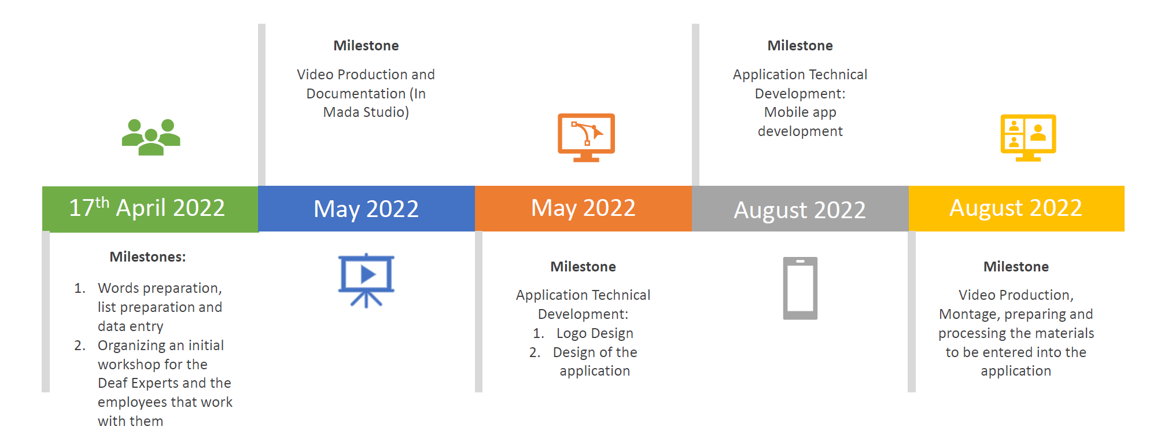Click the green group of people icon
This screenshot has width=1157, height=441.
pos(151,137)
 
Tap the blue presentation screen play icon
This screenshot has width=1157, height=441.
pos(366,279)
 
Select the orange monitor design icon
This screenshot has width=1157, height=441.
pos(586,137)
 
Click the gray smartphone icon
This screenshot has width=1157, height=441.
pos(800,288)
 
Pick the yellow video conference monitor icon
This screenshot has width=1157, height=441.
pos(1028,137)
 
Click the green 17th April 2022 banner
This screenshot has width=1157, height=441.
pos(150,209)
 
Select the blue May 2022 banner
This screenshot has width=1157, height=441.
pos(366,209)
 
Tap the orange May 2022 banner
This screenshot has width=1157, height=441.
pos(583,208)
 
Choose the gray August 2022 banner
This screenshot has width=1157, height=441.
pos(800,209)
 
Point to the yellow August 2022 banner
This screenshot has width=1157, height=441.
pos(1016,208)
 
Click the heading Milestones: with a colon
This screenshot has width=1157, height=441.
pos(148,257)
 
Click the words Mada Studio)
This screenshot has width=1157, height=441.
pos(366,112)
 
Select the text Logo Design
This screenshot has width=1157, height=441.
pos(594,333)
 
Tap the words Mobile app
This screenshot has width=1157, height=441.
pos(800,112)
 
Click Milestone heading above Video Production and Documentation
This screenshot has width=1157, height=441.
pos(366,46)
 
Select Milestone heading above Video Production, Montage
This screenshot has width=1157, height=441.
pos(1016,267)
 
